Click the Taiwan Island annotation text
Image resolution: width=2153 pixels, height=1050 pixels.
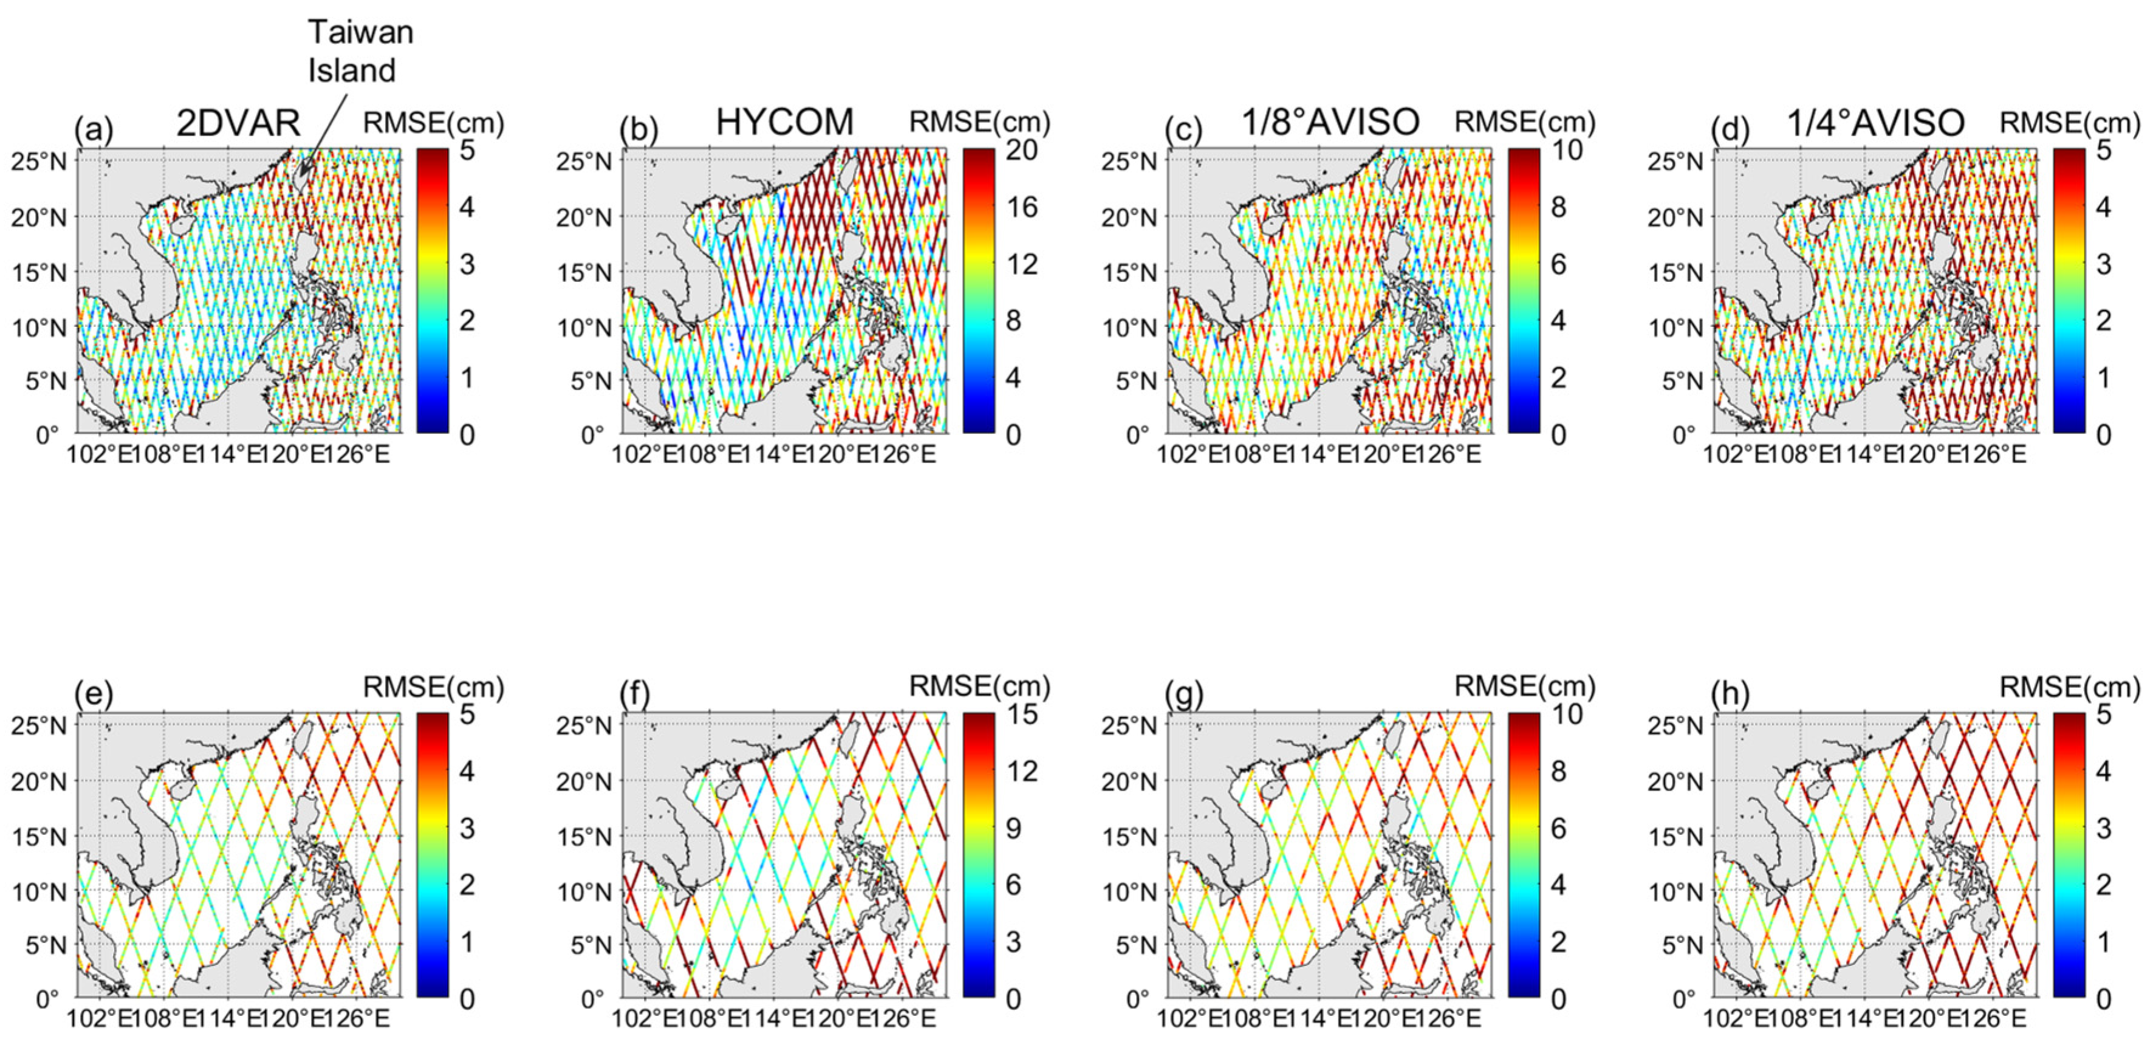[360, 51]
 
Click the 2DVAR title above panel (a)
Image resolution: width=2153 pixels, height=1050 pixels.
[238, 123]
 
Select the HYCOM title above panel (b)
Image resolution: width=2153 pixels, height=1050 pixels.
[784, 122]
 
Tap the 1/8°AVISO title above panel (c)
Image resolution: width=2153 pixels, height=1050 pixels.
[1330, 122]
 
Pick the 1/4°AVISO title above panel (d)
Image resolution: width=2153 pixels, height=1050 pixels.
[1875, 123]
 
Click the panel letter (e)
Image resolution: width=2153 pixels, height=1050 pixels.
[93, 694]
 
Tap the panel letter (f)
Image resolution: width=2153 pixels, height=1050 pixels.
[638, 694]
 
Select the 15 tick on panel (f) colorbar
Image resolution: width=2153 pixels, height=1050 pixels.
[1021, 714]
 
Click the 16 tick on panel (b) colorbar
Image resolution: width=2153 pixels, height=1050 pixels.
[1021, 207]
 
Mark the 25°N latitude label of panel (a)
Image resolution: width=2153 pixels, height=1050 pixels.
[38, 160]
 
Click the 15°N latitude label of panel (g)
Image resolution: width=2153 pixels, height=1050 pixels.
[1129, 836]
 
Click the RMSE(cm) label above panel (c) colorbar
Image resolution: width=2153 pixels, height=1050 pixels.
[1524, 123]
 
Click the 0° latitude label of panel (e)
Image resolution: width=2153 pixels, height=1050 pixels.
[47, 998]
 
